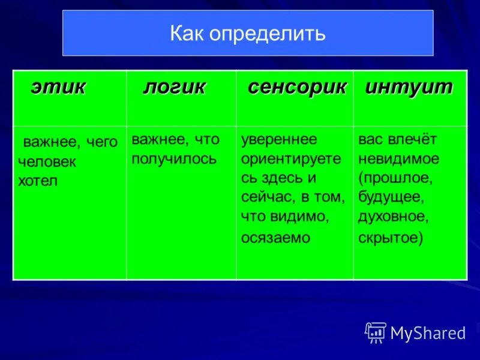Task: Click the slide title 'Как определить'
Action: tap(247, 33)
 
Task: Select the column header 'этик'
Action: tap(58, 88)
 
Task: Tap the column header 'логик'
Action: tap(174, 88)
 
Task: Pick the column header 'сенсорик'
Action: tap(297, 88)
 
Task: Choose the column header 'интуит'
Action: tap(409, 88)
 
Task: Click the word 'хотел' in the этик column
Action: tap(38, 181)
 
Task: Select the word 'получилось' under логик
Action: tap(174, 159)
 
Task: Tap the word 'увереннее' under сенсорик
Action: tap(279, 139)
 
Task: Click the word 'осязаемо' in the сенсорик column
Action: tap(275, 238)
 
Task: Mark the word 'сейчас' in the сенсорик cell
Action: tap(263, 197)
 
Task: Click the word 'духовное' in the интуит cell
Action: tap(392, 217)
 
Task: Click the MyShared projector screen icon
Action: tap(376, 332)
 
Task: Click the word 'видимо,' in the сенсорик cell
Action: tap(305, 217)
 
